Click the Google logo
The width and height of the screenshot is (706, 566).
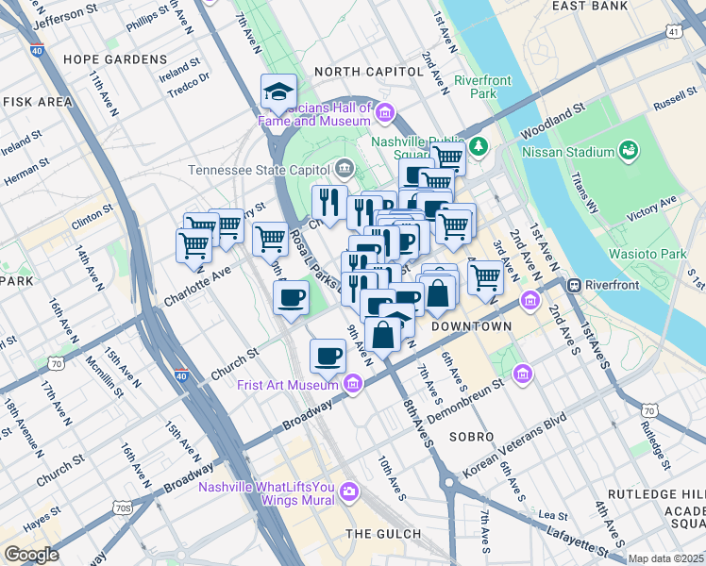[30, 555]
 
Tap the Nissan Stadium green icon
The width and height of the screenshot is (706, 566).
[627, 151]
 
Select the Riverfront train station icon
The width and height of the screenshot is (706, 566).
[573, 285]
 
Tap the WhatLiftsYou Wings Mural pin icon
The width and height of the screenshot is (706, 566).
[349, 491]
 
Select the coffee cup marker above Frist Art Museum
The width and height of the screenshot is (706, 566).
[328, 356]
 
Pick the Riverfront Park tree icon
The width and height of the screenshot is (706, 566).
[479, 145]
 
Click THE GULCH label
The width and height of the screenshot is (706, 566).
[382, 534]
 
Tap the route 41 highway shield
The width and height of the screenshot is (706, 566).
[671, 31]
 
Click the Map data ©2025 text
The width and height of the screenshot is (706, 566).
[666, 558]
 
